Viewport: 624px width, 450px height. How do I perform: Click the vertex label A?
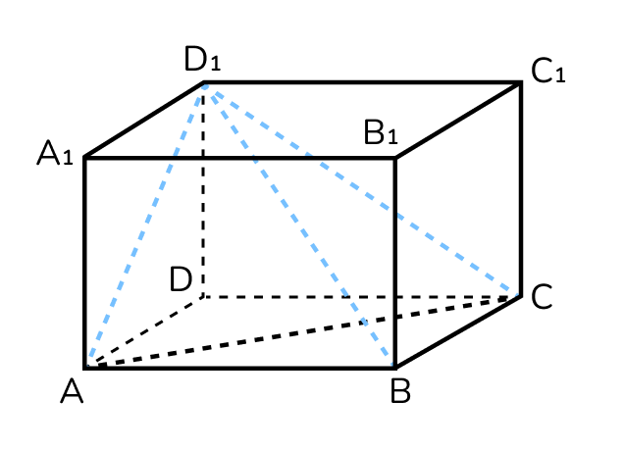72,391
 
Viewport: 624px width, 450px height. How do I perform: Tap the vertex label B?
400,391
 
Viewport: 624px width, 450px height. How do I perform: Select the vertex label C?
542,296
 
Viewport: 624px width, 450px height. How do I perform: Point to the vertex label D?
182,279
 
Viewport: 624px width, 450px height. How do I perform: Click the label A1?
55,153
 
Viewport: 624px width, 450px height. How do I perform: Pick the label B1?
381,132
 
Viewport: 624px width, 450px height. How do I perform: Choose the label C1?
548,71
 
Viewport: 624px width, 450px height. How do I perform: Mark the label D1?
202,59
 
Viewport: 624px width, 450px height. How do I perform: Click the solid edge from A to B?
240,368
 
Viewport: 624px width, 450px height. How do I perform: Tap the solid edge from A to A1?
84,263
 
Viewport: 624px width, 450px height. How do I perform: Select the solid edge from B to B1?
394,263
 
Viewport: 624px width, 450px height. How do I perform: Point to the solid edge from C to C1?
521,189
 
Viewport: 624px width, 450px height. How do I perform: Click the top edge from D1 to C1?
362,82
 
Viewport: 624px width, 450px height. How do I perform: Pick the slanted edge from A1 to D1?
144,121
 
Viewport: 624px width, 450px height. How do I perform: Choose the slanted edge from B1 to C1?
457,121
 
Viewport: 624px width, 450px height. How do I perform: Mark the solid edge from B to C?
457,332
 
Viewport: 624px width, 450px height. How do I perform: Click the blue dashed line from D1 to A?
145,224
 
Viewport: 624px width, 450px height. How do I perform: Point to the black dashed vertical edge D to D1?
203,190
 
